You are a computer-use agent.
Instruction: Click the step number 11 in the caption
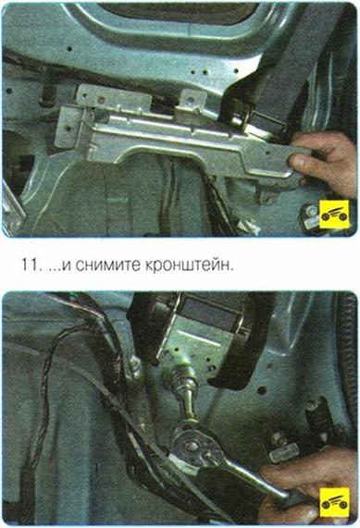(30, 264)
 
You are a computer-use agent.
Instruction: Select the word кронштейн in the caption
(189, 265)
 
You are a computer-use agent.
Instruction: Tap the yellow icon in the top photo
(334, 214)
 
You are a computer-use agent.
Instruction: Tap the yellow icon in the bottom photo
(334, 502)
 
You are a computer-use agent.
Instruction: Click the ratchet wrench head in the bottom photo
(191, 445)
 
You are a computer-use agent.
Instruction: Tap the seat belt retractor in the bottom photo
(203, 334)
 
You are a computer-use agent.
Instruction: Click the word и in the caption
(68, 266)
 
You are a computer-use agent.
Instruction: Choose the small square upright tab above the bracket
(192, 101)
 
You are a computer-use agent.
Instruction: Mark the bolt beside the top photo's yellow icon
(309, 211)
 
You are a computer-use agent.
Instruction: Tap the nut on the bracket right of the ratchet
(279, 438)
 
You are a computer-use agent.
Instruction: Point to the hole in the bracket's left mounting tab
(68, 129)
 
